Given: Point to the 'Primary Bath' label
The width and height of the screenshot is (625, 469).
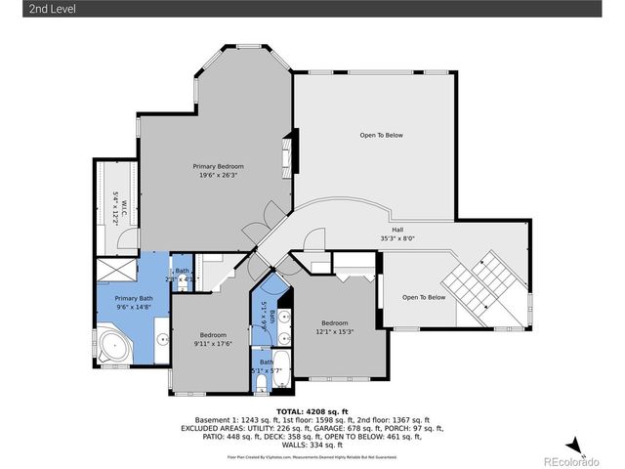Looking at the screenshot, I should (133, 298).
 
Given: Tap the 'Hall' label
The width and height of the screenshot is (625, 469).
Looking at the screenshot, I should (398, 231).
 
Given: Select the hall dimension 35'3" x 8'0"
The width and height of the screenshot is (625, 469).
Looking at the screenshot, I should (398, 239).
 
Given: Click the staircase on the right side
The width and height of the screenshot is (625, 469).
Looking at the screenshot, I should (493, 288).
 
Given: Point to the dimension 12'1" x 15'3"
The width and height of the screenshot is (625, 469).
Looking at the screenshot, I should (335, 331).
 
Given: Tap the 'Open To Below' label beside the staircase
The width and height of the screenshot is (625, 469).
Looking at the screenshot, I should (424, 297).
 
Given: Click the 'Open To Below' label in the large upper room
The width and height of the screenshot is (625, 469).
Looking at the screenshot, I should (381, 135).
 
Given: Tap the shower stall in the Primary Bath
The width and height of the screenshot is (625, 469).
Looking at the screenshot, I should (116, 269).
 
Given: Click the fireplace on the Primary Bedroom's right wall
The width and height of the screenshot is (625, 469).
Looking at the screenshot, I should (287, 153).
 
